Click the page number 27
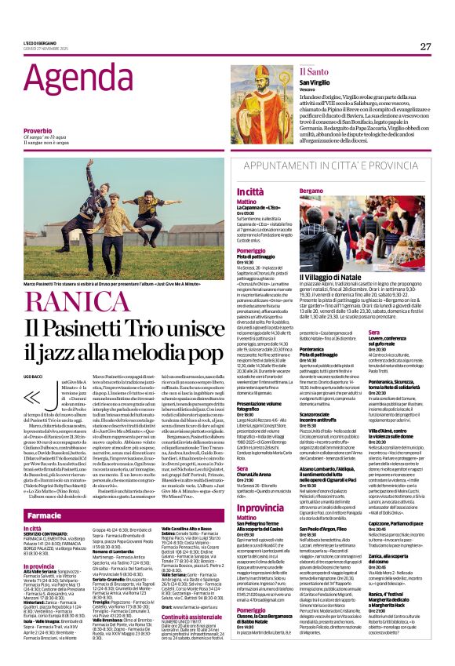click(x=425, y=46)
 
